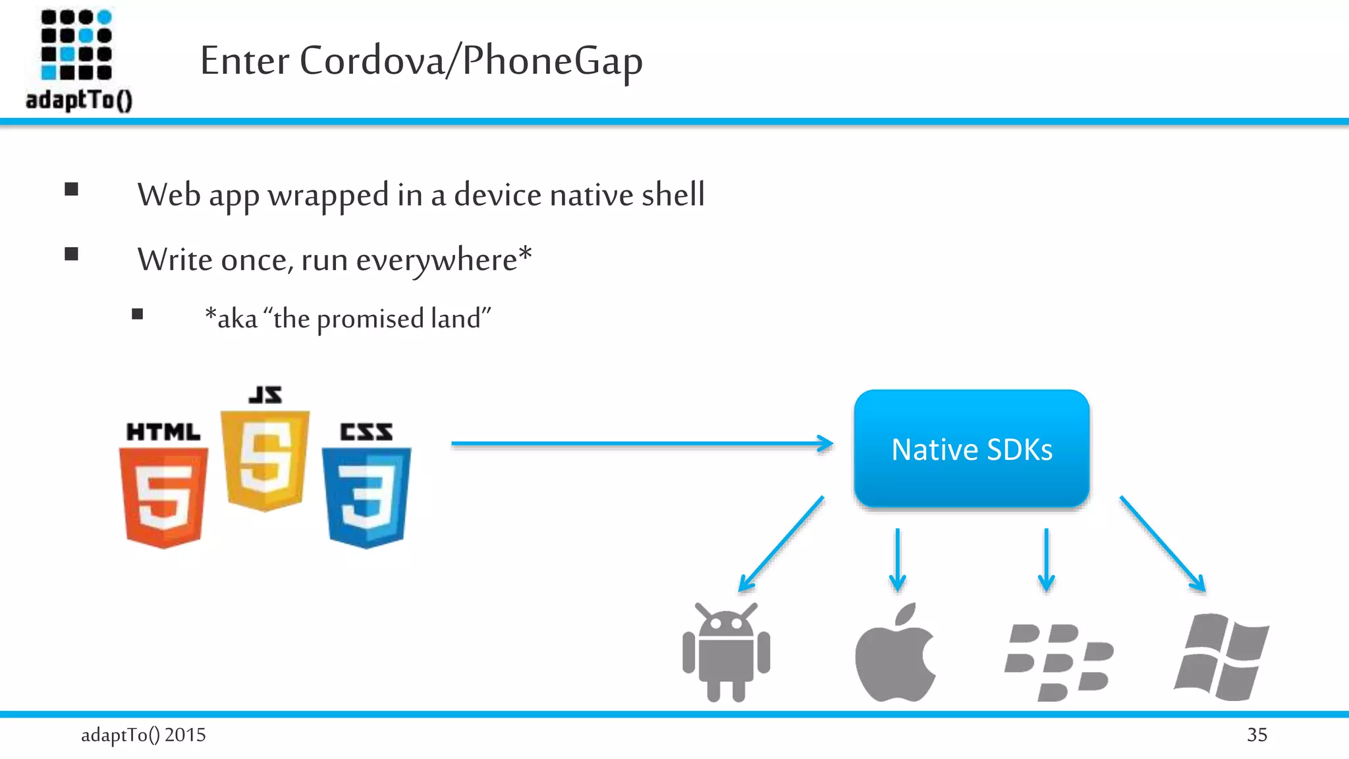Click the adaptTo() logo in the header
point(78,59)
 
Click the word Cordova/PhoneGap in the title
point(471,61)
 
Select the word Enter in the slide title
point(244,61)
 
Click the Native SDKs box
point(972,449)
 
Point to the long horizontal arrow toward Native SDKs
point(642,443)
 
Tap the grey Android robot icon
point(726,652)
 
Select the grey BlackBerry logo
point(1059,661)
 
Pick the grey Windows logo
point(1222,656)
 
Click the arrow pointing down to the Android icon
point(781,544)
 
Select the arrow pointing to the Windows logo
point(1163,544)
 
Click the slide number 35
point(1257,735)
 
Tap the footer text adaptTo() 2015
point(143,735)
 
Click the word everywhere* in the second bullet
point(443,260)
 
